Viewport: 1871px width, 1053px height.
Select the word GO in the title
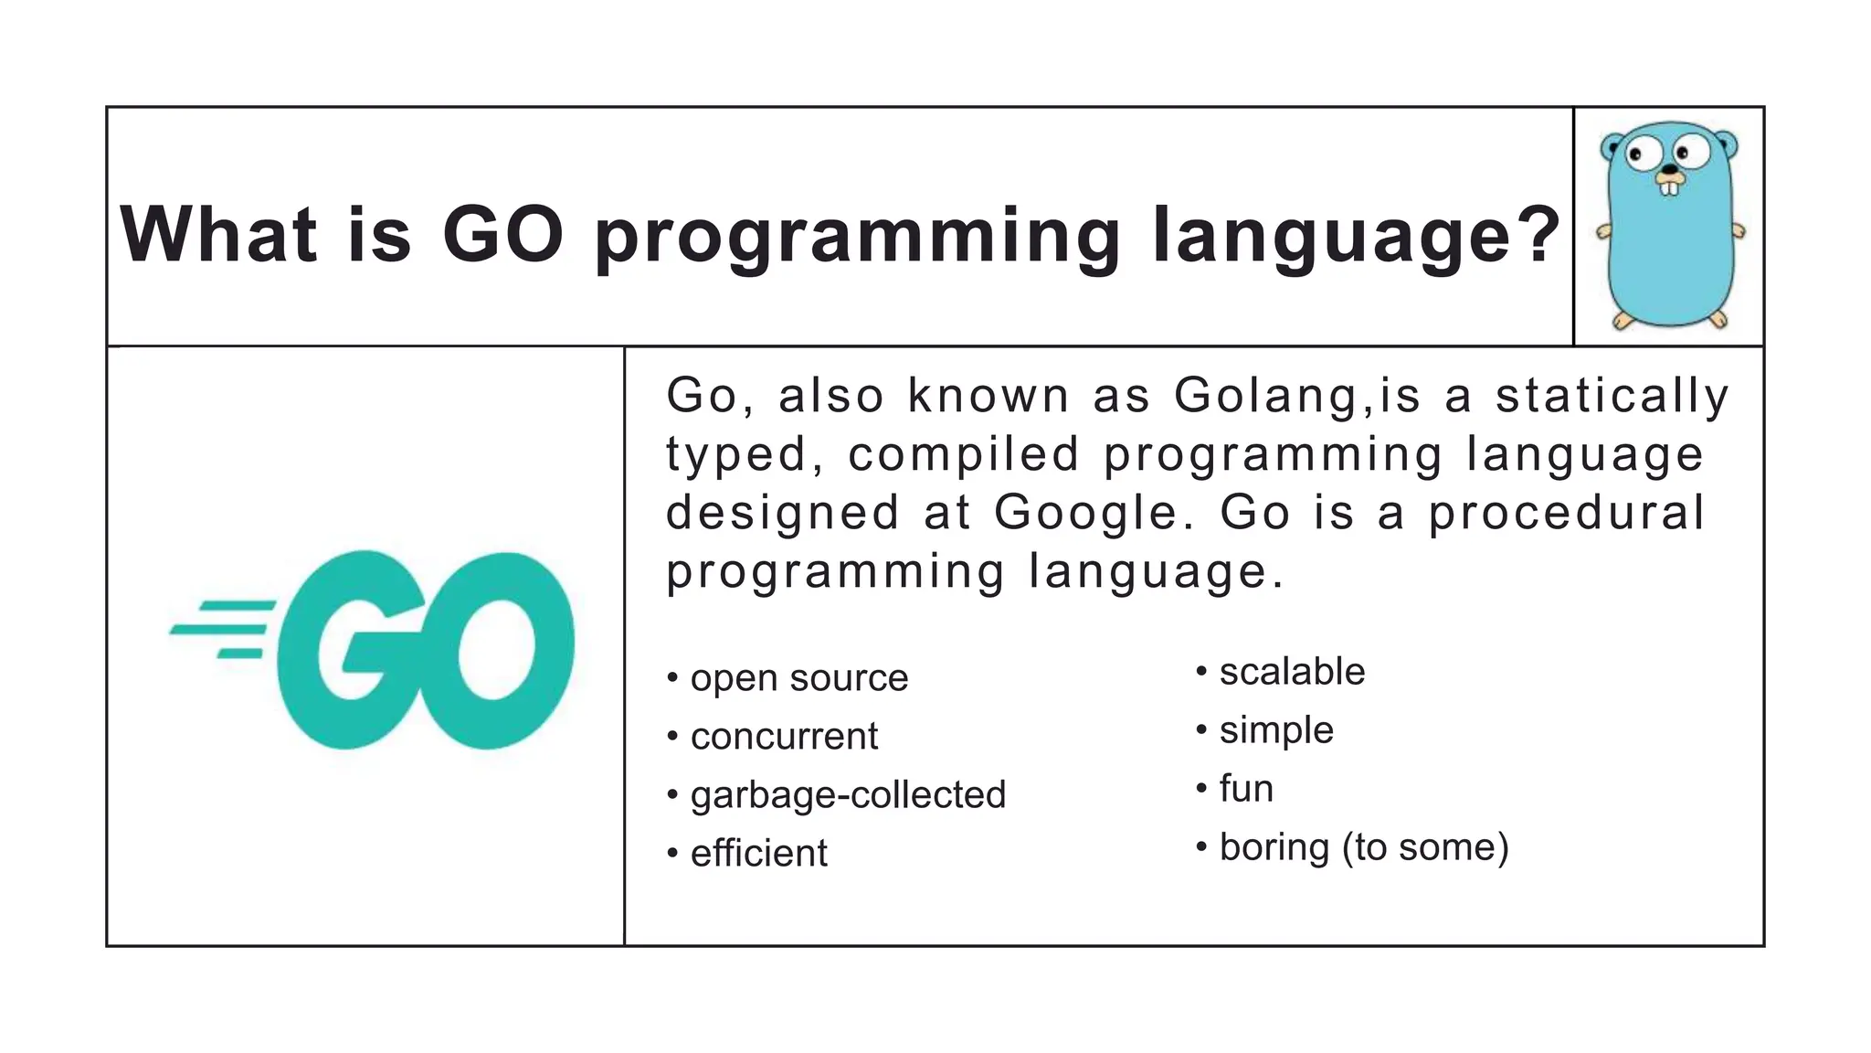pyautogui.click(x=502, y=235)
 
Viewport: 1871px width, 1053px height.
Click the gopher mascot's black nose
pyautogui.click(x=1670, y=170)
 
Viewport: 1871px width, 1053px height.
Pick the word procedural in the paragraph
pyautogui.click(x=1566, y=512)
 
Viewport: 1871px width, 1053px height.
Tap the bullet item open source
pyautogui.click(x=798, y=678)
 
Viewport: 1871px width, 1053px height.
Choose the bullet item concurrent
pyautogui.click(x=784, y=737)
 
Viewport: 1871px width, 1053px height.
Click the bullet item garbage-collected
pyautogui.click(x=848, y=795)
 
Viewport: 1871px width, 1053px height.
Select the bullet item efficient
pyautogui.click(x=758, y=854)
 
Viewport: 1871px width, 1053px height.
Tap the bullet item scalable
pyautogui.click(x=1292, y=672)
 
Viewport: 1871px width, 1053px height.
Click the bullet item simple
pyautogui.click(x=1276, y=730)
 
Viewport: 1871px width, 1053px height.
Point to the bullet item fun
pyautogui.click(x=1246, y=789)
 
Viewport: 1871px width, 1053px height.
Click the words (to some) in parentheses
pyautogui.click(x=1425, y=847)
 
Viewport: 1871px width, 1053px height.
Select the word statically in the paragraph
pyautogui.click(x=1612, y=396)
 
